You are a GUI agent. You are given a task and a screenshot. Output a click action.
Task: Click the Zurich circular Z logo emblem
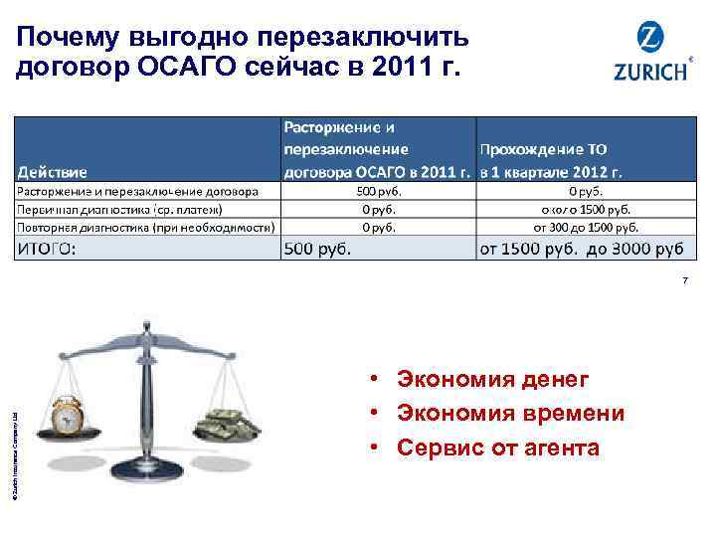pos(651,41)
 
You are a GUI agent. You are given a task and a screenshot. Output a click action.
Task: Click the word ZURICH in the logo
pos(650,73)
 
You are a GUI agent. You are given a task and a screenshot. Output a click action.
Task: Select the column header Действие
pos(50,171)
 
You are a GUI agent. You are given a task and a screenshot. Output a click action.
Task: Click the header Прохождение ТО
pos(544,149)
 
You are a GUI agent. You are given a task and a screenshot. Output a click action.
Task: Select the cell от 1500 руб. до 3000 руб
pos(581,249)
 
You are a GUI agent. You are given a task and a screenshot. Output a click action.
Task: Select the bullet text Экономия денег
pos(492,379)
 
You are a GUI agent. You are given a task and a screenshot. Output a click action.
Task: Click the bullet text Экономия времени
pos(510,413)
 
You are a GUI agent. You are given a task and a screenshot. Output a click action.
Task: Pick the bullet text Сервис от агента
pos(497,447)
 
